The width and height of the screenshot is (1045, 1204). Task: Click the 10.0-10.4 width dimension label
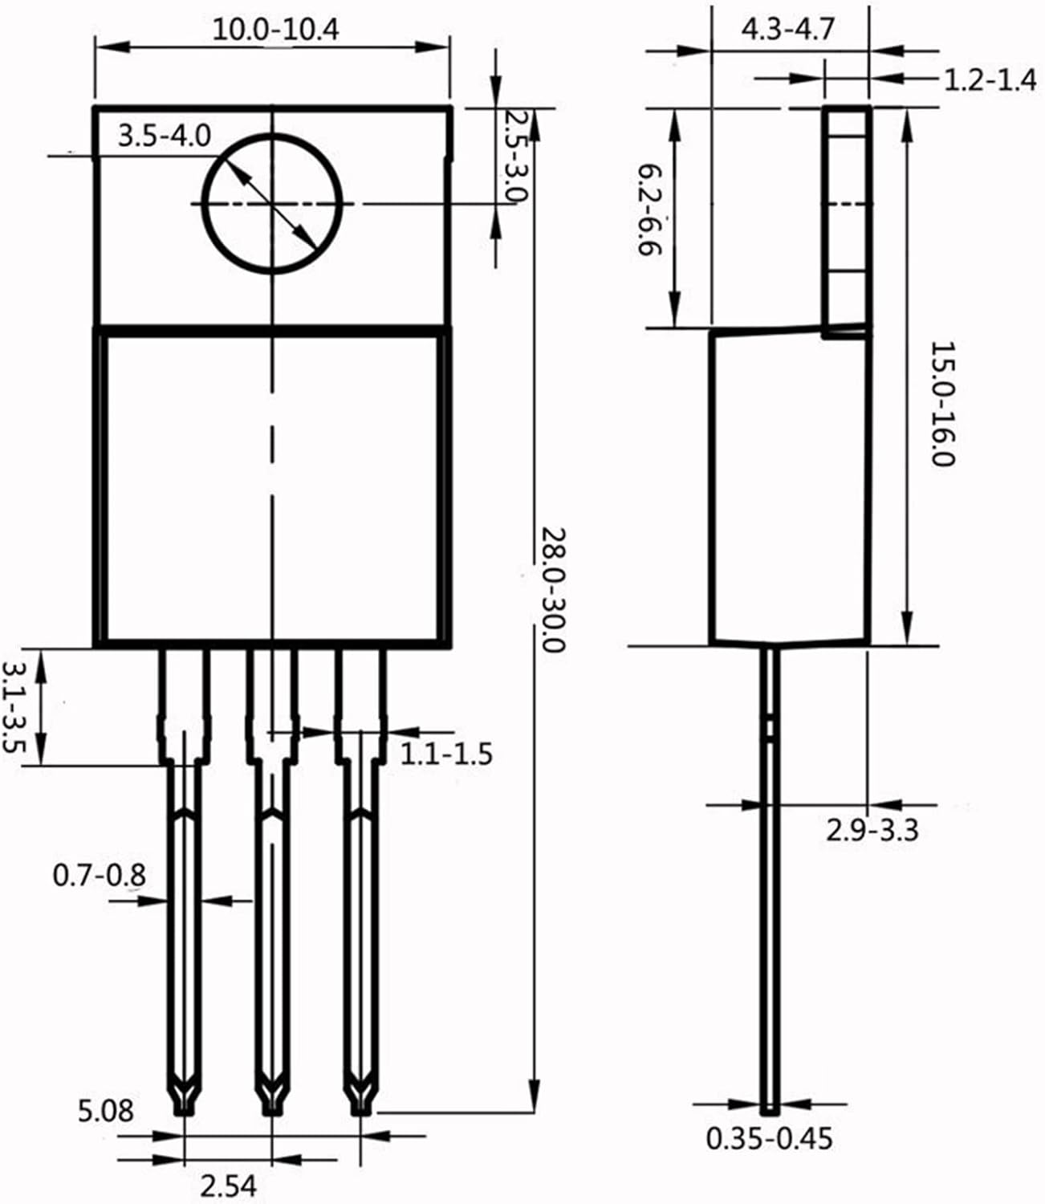tap(275, 30)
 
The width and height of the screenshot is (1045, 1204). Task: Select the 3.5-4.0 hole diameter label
tap(164, 136)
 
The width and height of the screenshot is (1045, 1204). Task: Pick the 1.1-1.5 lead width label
tap(445, 755)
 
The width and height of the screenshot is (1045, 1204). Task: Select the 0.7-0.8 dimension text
tap(100, 875)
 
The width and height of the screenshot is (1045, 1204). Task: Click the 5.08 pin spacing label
tap(106, 1111)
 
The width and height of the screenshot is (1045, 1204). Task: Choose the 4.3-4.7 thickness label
tap(787, 30)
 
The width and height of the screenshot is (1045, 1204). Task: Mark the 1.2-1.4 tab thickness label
tap(989, 80)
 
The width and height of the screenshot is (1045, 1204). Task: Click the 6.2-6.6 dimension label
tap(649, 209)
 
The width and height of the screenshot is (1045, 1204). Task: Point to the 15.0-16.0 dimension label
tap(942, 405)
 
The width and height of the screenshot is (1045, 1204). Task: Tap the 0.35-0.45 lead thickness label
tap(769, 1138)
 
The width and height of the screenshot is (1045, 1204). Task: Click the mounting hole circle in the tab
tap(272, 204)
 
